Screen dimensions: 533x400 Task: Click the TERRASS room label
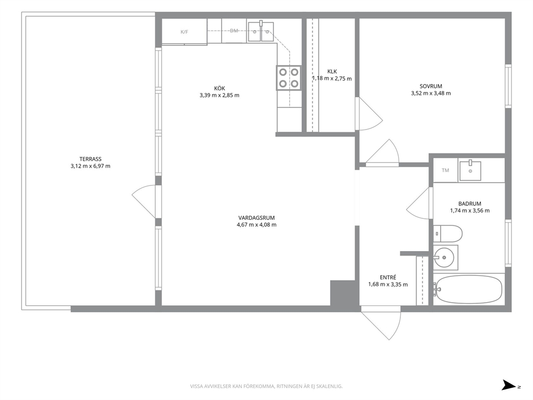(90, 159)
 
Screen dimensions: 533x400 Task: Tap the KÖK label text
(220, 88)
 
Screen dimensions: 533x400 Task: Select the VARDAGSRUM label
(256, 218)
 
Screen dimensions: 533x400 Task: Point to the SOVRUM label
(431, 87)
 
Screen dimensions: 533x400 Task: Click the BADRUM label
(470, 204)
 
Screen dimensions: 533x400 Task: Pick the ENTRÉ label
(388, 277)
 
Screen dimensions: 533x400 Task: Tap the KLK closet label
(332, 72)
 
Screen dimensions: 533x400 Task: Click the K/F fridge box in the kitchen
(184, 32)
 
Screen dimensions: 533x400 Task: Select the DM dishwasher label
(234, 31)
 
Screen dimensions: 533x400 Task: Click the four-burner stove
(289, 77)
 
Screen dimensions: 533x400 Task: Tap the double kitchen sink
(261, 32)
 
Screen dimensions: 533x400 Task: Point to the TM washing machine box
(445, 170)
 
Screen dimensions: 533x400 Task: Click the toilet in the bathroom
(448, 234)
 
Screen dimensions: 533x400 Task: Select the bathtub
(469, 289)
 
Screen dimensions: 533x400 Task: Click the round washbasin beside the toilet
(444, 258)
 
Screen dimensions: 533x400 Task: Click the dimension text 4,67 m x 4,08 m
(256, 225)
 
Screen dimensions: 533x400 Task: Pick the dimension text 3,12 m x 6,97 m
(90, 166)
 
